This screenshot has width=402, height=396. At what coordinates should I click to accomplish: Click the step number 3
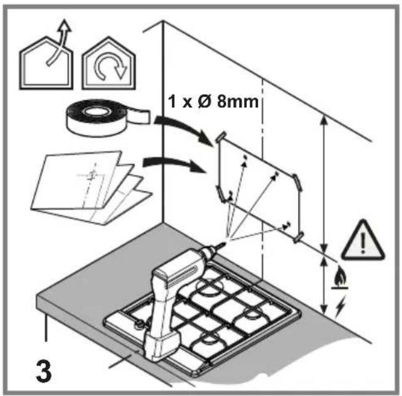pyautogui.click(x=44, y=371)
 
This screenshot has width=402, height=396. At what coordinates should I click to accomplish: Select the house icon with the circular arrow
pyautogui.click(x=109, y=63)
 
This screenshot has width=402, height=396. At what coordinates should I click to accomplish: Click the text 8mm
pyautogui.click(x=237, y=102)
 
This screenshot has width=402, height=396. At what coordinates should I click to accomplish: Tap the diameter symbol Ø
pyautogui.click(x=203, y=102)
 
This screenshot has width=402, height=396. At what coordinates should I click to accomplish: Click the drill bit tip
pyautogui.click(x=226, y=243)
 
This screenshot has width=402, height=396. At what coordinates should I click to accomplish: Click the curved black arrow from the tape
pyautogui.click(x=184, y=129)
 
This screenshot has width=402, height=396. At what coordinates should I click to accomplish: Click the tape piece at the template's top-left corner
pyautogui.click(x=221, y=136)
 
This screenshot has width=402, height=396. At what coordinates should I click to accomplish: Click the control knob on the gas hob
pyautogui.click(x=140, y=325)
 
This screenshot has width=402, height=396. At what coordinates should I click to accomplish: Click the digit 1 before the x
pyautogui.click(x=173, y=102)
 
